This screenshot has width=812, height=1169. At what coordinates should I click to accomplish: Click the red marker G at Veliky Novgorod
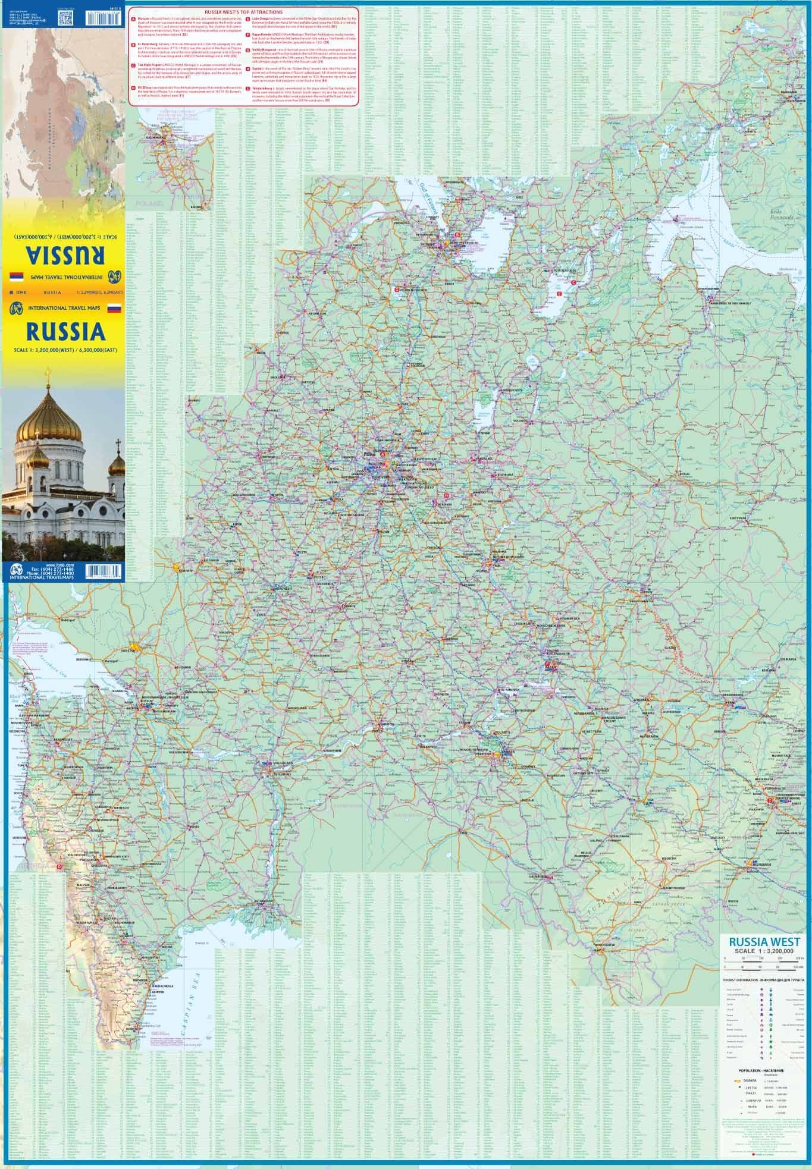coord(397,289)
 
